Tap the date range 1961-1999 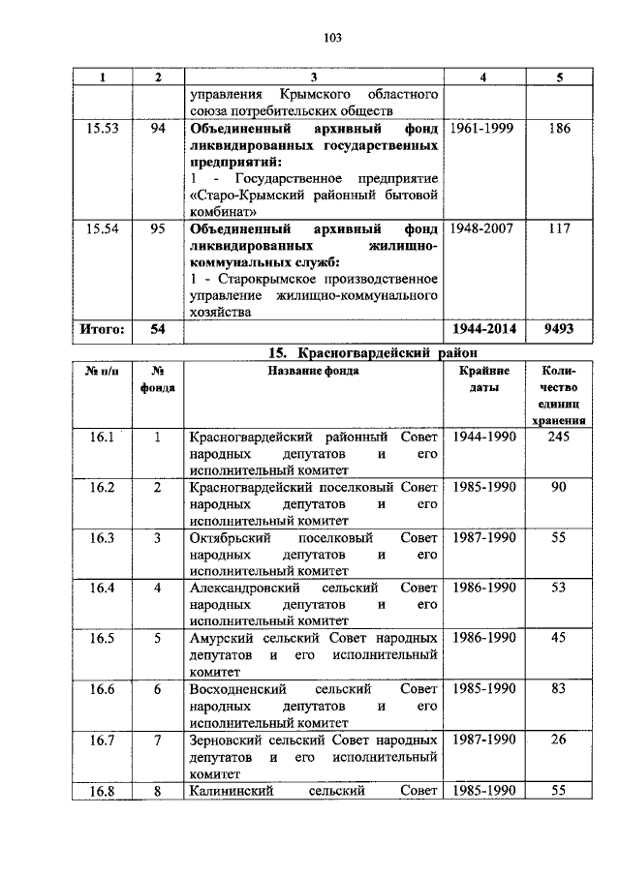[x=483, y=128]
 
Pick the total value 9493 [x=559, y=330]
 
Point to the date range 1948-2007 [x=483, y=229]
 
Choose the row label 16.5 [x=102, y=638]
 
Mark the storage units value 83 [x=559, y=688]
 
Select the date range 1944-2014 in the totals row [x=483, y=330]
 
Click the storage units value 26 [x=559, y=739]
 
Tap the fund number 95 [x=158, y=229]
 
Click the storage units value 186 [x=559, y=128]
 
